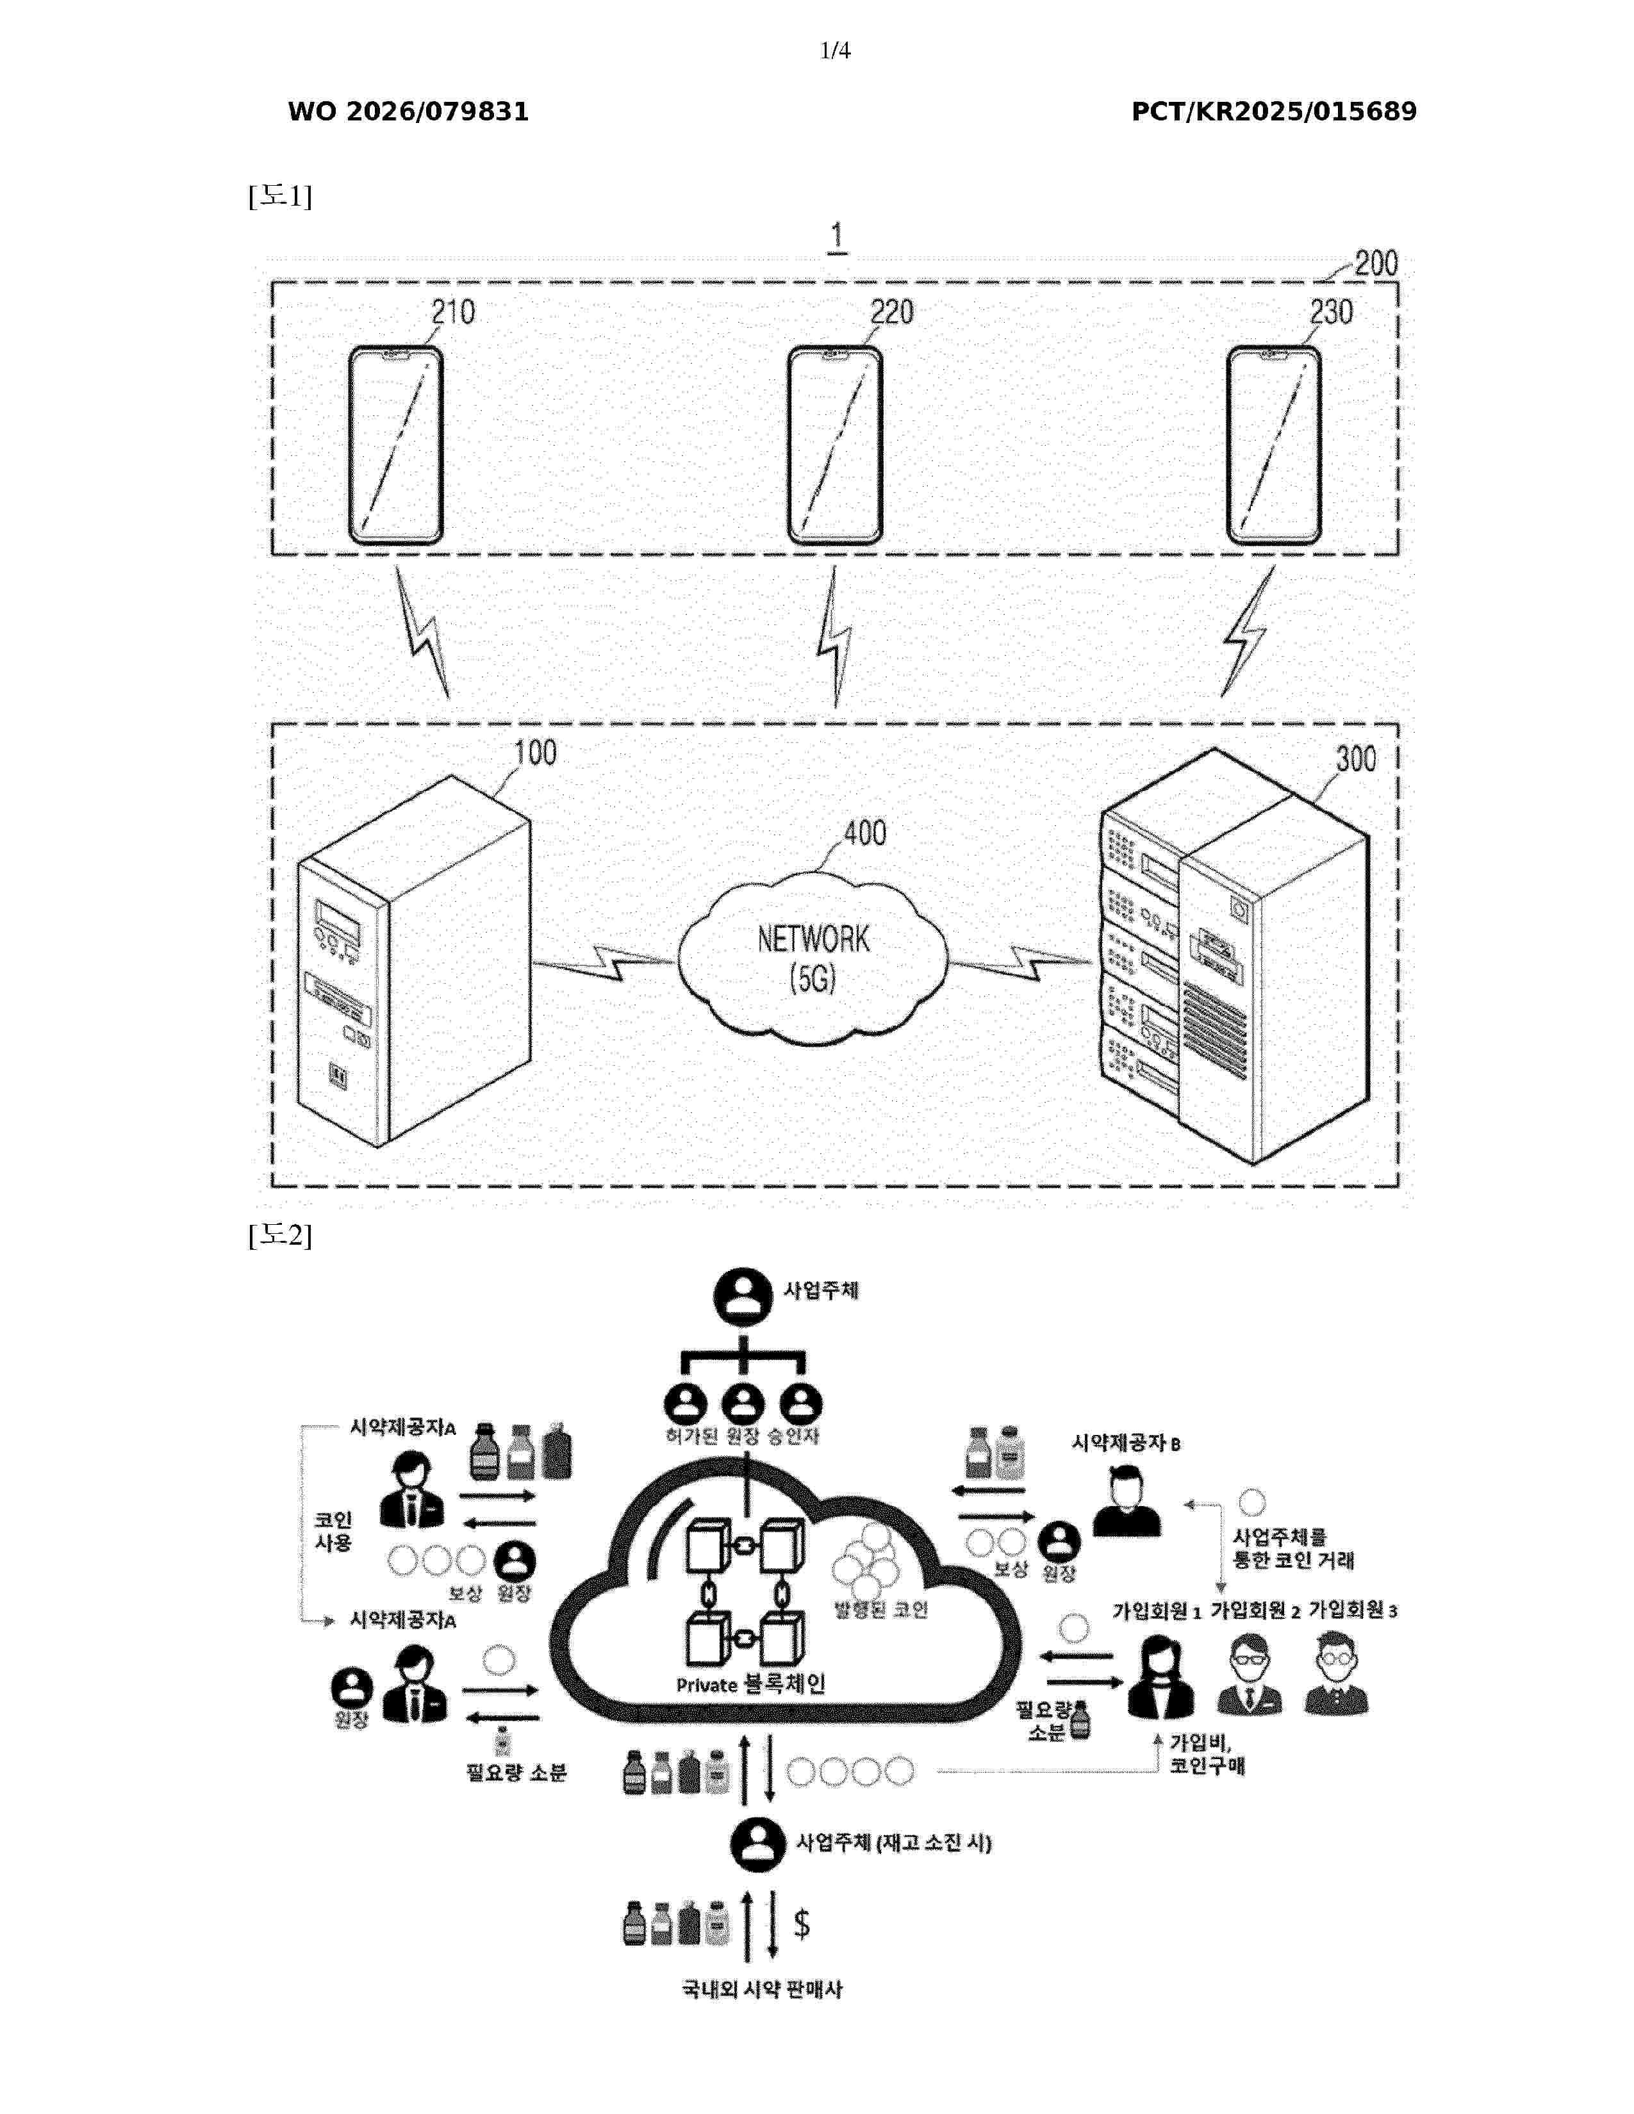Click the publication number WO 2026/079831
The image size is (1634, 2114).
click(408, 112)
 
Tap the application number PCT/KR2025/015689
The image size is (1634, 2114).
click(1273, 112)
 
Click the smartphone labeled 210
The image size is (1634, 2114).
click(396, 445)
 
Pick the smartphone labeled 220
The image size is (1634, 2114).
click(834, 445)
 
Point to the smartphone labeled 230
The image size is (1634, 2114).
click(1273, 445)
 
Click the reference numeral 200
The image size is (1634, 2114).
click(1376, 263)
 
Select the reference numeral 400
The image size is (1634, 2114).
click(864, 833)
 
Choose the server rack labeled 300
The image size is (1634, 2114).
click(1234, 958)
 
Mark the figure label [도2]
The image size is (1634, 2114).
click(280, 1235)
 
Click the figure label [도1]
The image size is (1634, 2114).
click(280, 197)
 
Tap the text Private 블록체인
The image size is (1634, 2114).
click(750, 1684)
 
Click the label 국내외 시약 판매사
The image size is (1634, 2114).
click(762, 1989)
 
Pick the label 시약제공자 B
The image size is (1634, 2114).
click(1125, 1443)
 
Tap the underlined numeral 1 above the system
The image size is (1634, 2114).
click(836, 237)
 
